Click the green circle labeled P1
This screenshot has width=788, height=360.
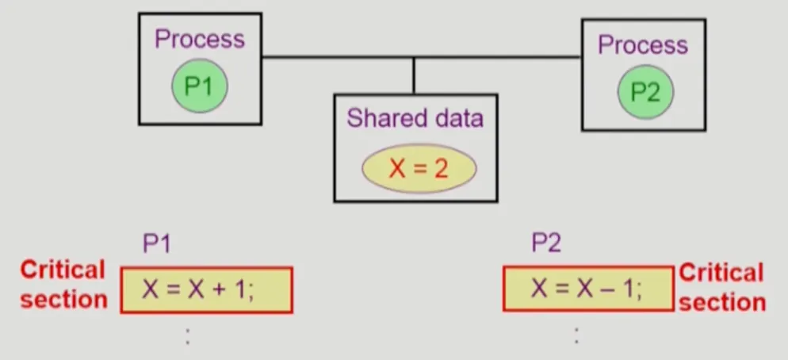pos(199,86)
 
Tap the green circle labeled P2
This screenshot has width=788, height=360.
pos(645,92)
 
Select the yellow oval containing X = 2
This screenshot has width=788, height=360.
pos(419,168)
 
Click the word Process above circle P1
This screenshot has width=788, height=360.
pos(200,39)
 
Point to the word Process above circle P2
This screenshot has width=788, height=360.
pos(643,45)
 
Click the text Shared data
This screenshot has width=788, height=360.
pos(415,119)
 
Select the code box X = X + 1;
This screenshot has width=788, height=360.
pos(206,289)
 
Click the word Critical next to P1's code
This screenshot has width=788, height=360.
pos(62,270)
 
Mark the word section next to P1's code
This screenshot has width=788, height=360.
pos(63,299)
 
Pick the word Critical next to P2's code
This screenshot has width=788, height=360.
pos(721,273)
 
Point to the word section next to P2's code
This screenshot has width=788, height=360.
pos(722,302)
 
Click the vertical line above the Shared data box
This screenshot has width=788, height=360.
pos(413,75)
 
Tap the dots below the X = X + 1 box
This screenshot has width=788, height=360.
pos(187,335)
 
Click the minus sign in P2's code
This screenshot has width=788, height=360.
pos(606,289)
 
